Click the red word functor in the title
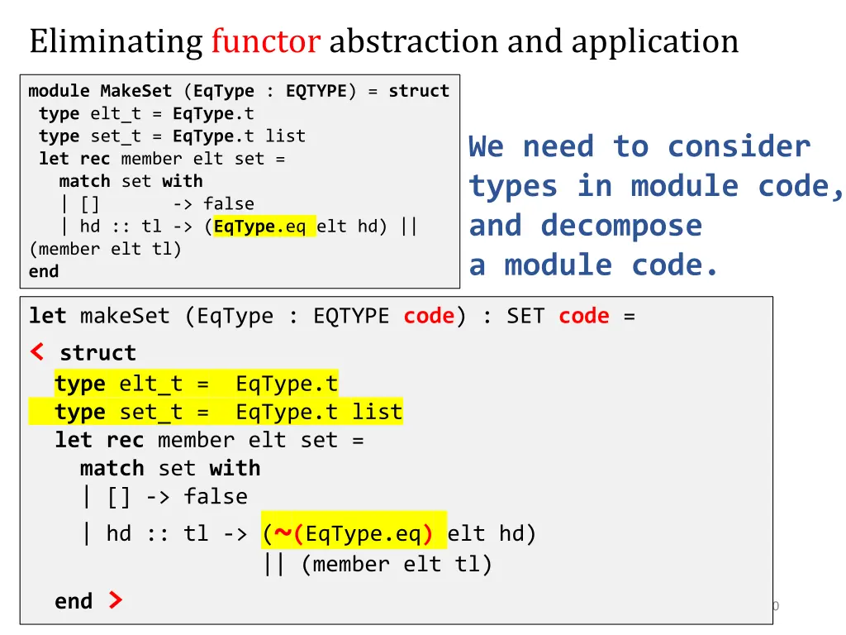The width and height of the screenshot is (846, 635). point(265,41)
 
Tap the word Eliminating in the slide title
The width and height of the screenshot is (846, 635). point(116,41)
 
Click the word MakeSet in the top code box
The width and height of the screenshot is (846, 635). point(135,91)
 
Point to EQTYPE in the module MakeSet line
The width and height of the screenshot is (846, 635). point(316,91)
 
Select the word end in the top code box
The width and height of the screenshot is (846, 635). point(44,271)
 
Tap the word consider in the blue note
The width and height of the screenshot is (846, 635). point(739,147)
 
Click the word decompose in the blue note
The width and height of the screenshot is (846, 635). point(621,226)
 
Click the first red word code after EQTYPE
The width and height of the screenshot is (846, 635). point(429,316)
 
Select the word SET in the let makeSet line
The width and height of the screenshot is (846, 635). point(525,316)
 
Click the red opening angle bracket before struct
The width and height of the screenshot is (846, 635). point(37,352)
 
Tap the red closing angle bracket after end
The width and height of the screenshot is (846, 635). point(116,600)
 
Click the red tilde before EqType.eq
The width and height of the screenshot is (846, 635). point(283,534)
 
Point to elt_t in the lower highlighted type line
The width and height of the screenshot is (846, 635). point(150,384)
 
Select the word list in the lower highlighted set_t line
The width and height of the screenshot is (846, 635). point(378,412)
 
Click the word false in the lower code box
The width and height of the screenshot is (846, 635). point(216,497)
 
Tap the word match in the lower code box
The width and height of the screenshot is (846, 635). point(112,468)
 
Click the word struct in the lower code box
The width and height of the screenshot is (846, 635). point(97,353)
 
